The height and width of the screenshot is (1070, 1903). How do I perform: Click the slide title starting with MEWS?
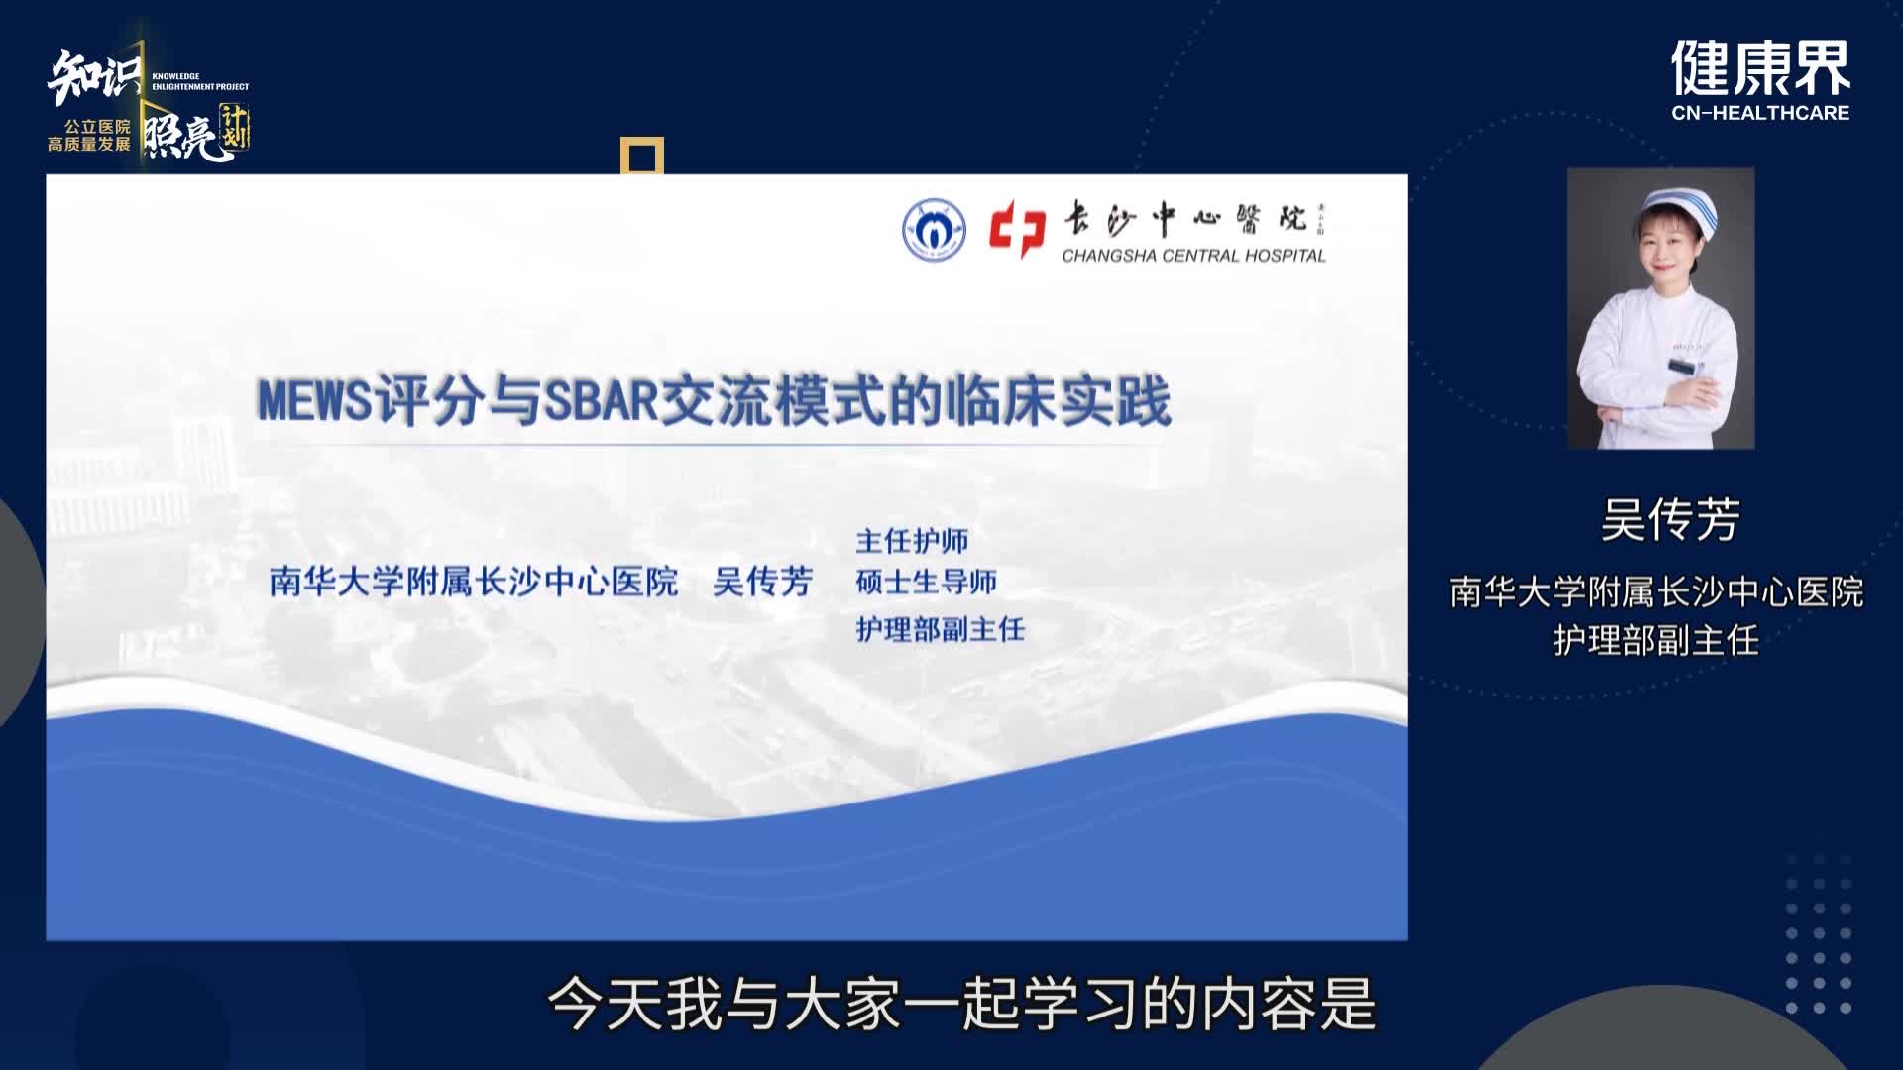[714, 401]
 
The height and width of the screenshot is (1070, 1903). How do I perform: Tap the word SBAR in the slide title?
[603, 401]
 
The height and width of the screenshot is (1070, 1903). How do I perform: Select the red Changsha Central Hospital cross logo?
[1017, 229]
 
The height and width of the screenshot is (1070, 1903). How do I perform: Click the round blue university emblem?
[934, 229]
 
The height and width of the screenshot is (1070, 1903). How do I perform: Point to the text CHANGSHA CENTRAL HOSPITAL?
[1194, 256]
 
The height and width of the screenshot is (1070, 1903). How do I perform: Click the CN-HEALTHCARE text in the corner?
[1760, 113]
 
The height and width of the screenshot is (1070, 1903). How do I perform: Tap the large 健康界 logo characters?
[1760, 67]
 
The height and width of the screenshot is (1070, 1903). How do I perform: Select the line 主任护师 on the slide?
[912, 541]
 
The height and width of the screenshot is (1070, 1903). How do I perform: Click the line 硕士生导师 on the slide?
[927, 582]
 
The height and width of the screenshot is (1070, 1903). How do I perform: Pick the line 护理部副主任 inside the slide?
[941, 629]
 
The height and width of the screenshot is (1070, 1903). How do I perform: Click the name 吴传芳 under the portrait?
[1670, 520]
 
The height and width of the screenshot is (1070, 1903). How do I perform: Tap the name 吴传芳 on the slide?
[763, 582]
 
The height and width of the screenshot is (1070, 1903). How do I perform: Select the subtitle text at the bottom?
[961, 1005]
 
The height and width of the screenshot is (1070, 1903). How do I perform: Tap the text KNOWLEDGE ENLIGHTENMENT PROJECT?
[200, 81]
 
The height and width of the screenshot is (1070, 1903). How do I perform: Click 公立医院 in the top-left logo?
[97, 127]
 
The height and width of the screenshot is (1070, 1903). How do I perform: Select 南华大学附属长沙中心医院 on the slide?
[474, 582]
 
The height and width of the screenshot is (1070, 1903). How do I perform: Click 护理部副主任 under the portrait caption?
[1656, 641]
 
